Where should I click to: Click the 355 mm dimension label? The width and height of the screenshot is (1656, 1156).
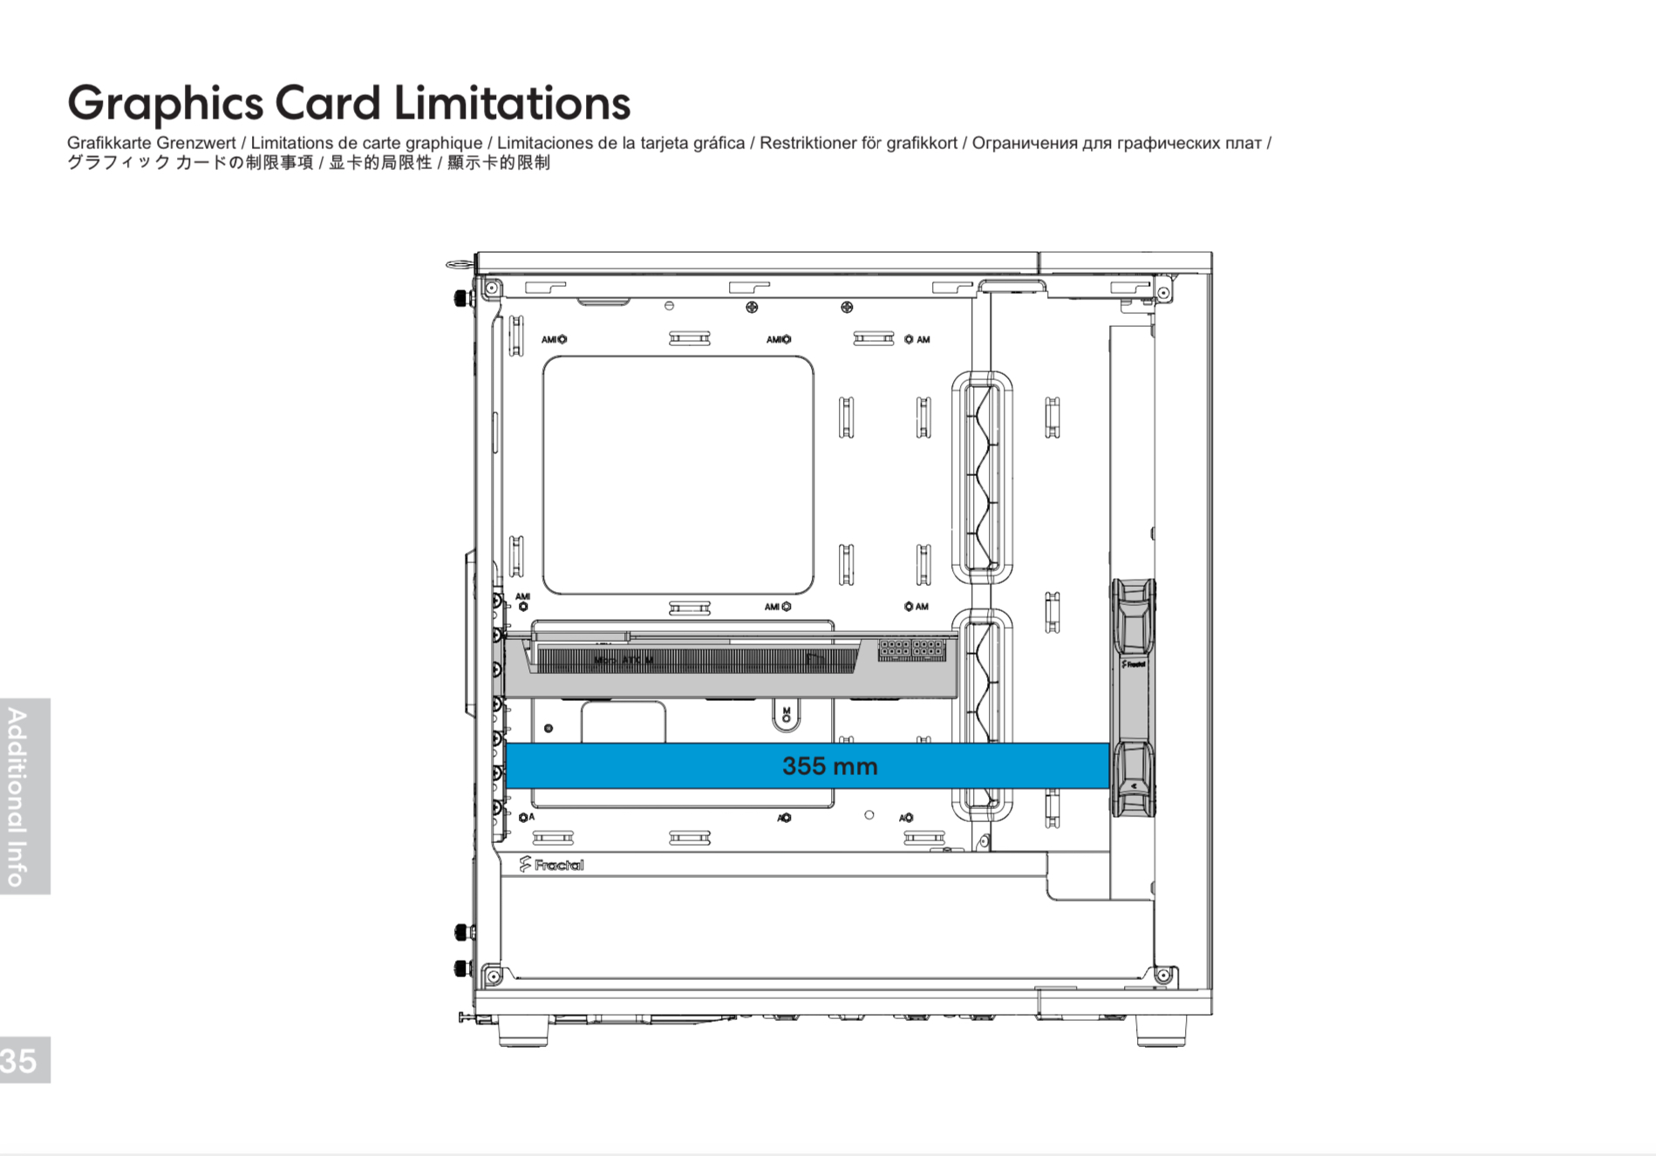829,766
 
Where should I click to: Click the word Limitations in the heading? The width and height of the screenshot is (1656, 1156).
512,103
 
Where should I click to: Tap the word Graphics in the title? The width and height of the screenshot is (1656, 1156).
165,105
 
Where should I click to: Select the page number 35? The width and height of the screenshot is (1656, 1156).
18,1061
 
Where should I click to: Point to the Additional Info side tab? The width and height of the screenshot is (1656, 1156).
18,796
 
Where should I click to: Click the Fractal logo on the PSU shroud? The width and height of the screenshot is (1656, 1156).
551,865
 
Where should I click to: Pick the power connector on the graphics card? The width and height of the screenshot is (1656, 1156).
911,649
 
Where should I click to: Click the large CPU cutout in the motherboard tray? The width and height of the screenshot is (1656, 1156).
678,475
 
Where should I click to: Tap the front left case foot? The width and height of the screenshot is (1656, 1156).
523,1032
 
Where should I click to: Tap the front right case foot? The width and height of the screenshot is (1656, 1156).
1161,1032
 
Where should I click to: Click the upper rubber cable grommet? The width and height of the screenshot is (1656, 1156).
982,477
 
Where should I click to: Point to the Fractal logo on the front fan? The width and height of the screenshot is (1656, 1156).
1134,664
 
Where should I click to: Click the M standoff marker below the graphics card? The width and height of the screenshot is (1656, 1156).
787,715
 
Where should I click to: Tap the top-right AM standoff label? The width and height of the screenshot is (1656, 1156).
917,339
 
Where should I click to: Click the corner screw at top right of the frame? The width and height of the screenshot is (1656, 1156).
1163,293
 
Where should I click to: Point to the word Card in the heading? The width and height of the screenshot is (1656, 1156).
328,103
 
